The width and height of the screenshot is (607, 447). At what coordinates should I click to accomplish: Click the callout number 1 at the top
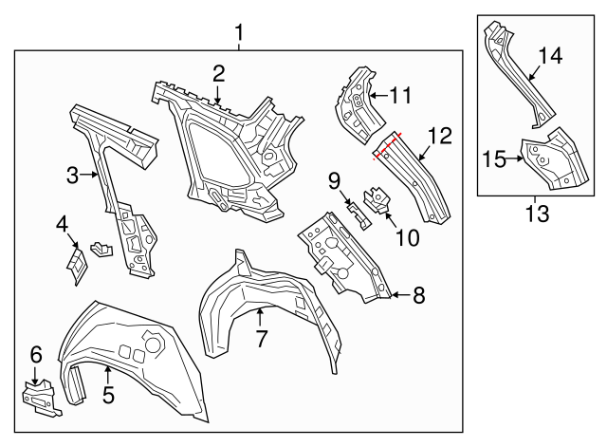[238, 34]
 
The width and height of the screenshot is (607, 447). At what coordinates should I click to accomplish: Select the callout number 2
[219, 73]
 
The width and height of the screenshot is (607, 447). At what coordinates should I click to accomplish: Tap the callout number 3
[72, 174]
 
